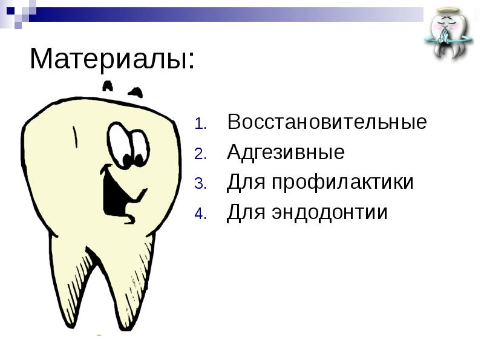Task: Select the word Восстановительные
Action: point(327,122)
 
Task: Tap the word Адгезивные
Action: point(286,152)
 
